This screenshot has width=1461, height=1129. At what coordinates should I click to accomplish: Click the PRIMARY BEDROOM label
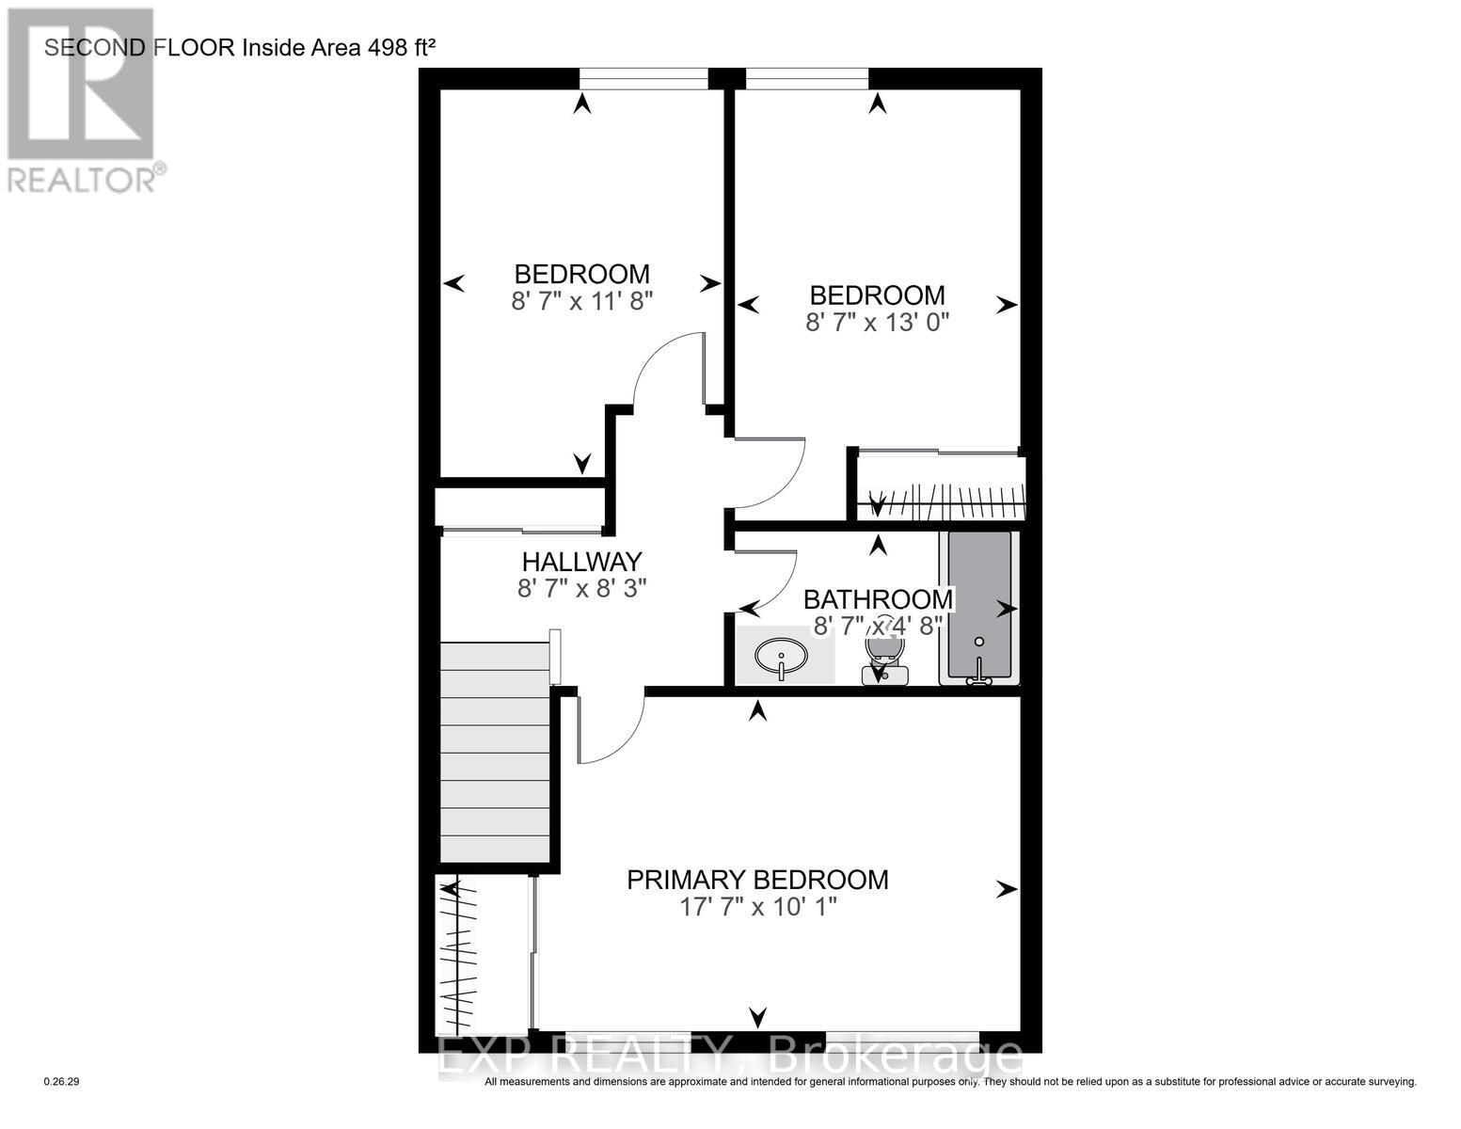[x=757, y=880]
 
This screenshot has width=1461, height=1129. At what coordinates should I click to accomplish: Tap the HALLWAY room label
[x=581, y=562]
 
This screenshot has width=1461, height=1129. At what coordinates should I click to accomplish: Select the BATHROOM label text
[x=877, y=599]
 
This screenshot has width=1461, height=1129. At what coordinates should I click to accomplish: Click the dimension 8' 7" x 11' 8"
[x=581, y=301]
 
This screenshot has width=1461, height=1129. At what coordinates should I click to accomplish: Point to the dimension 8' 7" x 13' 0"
[x=877, y=322]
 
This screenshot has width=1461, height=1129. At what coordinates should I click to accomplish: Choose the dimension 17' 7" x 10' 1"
[x=757, y=907]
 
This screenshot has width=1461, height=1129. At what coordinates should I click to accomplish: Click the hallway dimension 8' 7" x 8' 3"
[x=581, y=588]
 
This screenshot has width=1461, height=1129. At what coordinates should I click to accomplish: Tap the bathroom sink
[x=781, y=655]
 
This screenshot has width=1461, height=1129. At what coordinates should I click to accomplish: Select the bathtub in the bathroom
[x=978, y=607]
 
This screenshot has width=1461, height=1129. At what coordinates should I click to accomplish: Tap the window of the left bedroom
[x=643, y=79]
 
